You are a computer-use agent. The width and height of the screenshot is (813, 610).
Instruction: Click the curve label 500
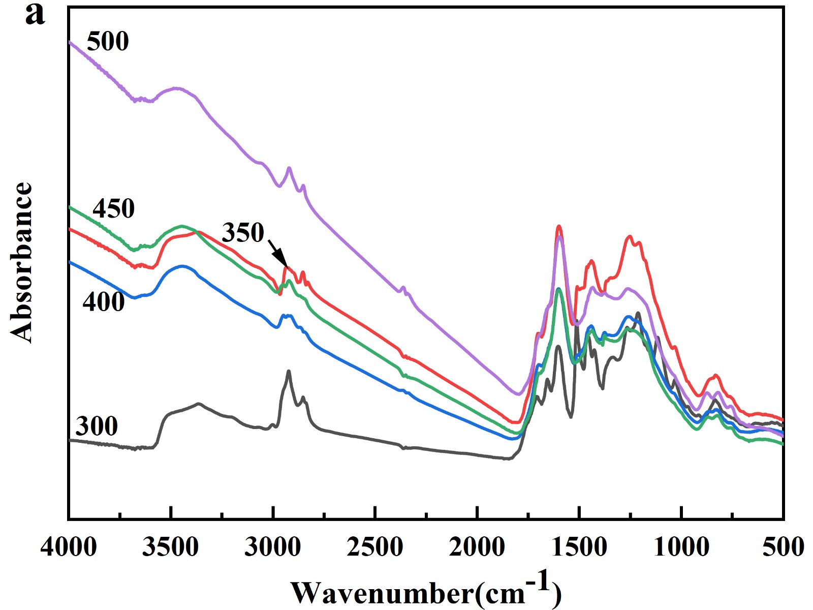pos(108,41)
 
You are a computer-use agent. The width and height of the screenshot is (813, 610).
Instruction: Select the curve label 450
pos(114,208)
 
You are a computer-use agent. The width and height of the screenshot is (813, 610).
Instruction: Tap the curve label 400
pos(104,302)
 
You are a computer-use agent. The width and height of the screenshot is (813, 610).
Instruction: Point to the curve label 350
pos(243,233)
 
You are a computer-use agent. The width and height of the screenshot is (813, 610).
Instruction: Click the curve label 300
pos(97,426)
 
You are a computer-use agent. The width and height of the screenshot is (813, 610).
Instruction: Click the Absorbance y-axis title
pos(21,262)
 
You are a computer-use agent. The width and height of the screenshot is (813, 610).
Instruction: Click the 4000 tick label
pos(69,547)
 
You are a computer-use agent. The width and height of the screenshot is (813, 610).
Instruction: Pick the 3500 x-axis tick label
pos(171,547)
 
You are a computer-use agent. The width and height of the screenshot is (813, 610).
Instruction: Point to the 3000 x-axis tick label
pos(273,547)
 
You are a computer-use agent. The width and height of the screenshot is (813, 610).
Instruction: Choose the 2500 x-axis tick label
pos(375,547)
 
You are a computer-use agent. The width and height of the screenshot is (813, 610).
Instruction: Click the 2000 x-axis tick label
pos(477,547)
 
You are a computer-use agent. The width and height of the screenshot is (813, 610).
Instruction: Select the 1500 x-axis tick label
pos(579,547)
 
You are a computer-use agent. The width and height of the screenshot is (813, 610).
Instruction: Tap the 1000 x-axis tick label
pos(681,547)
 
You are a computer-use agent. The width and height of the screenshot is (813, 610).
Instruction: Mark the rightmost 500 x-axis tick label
pos(783,547)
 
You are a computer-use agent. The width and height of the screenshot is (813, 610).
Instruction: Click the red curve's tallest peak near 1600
pos(559,226)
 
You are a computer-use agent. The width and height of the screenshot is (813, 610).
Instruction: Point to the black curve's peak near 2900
pos(289,371)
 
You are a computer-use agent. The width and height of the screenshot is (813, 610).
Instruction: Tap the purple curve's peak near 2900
pos(289,168)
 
